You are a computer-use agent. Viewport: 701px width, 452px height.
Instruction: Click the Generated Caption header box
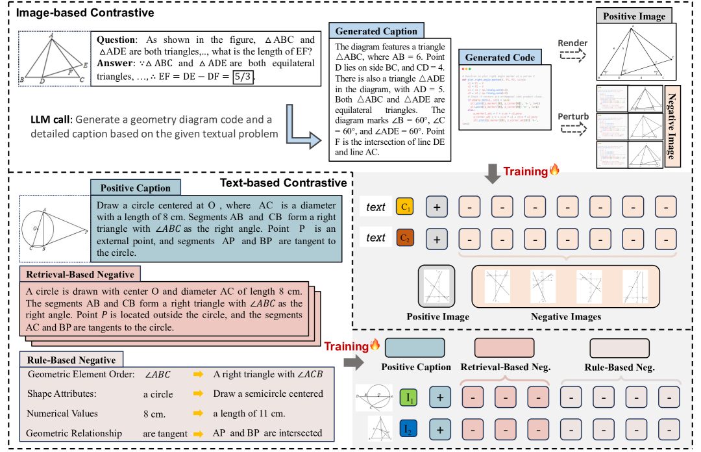point(376,31)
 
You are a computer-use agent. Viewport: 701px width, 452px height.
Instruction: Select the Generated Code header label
point(500,57)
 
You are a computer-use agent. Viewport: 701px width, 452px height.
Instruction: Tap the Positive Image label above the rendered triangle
point(633,15)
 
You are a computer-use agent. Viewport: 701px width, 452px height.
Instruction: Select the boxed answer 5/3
point(243,77)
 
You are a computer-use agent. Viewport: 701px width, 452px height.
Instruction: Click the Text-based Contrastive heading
point(283,183)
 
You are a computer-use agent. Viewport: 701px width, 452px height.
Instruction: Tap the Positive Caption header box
point(136,188)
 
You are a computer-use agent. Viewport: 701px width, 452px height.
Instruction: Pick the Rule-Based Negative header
point(72,360)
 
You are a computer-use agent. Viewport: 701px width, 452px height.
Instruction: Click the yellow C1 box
point(404,208)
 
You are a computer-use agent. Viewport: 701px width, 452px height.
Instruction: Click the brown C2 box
point(404,238)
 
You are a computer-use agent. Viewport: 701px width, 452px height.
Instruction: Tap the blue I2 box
point(408,429)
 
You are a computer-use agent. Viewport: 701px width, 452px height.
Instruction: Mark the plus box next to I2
point(440,429)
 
